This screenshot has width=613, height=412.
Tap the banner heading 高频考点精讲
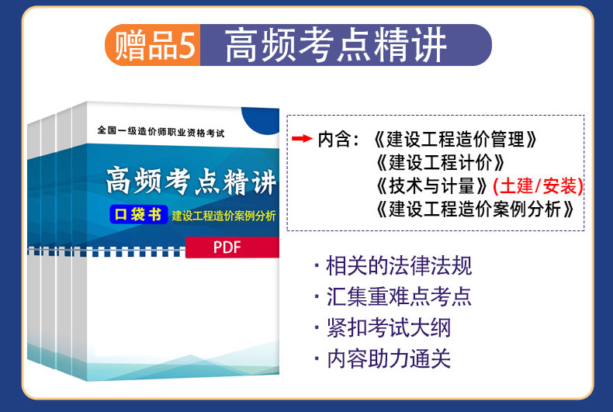click(x=335, y=45)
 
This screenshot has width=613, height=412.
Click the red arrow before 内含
click(x=302, y=138)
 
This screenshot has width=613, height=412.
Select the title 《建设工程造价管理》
click(x=455, y=139)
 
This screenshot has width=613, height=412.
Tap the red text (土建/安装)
click(x=538, y=185)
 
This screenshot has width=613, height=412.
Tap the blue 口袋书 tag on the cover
click(x=139, y=214)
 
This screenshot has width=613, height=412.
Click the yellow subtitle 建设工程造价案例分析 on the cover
click(x=224, y=216)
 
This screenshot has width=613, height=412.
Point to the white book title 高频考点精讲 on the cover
click(x=192, y=182)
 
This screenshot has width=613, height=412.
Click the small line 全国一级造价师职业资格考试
click(x=161, y=132)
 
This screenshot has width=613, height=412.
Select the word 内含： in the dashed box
click(x=338, y=139)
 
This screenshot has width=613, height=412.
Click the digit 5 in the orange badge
click(x=188, y=45)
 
